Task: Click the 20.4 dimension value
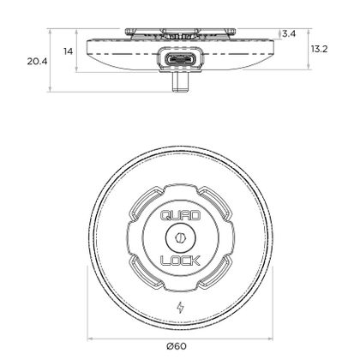[37, 61]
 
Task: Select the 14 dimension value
[69, 51]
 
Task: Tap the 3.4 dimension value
[289, 34]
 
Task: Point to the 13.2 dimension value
[319, 49]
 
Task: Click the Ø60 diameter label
[177, 346]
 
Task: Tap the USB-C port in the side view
[181, 59]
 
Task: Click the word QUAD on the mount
[180, 215]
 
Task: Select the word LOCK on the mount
[180, 261]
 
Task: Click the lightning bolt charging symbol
[180, 308]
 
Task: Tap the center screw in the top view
[180, 237]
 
